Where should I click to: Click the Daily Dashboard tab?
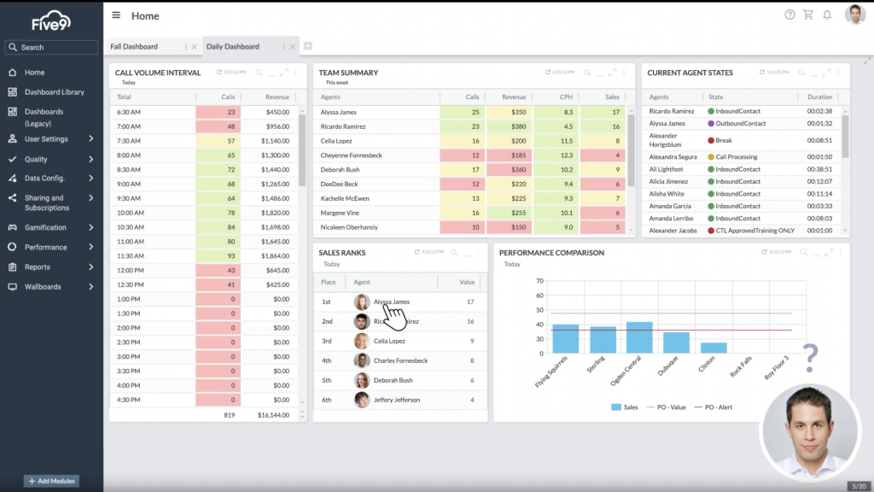click(233, 46)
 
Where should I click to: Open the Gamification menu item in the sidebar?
click(45, 227)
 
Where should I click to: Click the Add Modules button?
click(52, 481)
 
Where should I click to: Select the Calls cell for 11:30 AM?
click(218, 255)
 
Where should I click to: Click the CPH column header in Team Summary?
click(566, 97)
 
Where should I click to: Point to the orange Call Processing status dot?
click(710, 157)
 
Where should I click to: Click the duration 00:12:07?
click(819, 181)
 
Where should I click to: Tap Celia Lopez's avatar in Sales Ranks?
click(362, 341)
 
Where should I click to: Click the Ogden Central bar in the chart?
click(639, 337)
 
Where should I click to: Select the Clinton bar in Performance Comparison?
click(714, 347)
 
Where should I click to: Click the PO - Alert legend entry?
click(714, 407)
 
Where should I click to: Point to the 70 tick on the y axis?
click(539, 280)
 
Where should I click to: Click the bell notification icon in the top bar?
click(827, 15)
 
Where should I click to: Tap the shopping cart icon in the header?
click(808, 15)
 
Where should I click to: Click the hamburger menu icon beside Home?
click(116, 15)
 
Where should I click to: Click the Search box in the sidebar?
click(51, 48)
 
